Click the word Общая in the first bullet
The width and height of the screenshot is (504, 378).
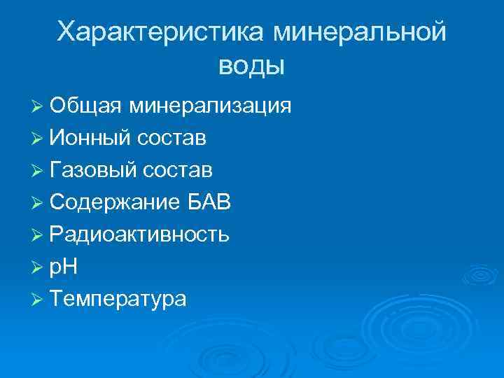click(x=85, y=106)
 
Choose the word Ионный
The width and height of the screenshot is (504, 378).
click(x=90, y=138)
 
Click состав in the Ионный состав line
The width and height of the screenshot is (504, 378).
click(x=171, y=138)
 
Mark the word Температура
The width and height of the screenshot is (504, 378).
click(x=118, y=299)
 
